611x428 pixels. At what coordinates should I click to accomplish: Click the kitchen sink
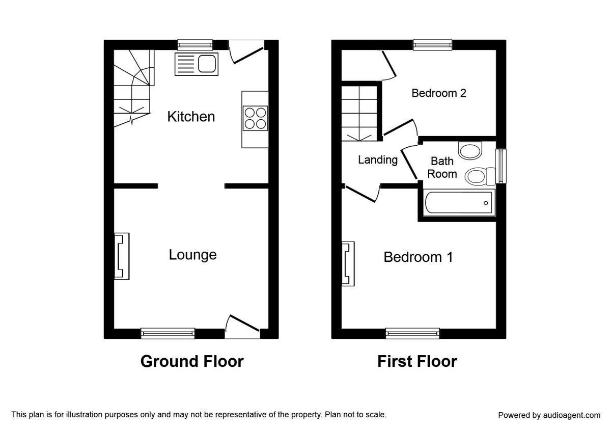click(x=197, y=64)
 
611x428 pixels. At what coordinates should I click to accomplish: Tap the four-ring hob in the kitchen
click(x=255, y=118)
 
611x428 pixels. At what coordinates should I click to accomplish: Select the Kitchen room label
click(x=191, y=117)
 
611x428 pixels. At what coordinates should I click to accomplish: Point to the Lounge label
click(x=192, y=255)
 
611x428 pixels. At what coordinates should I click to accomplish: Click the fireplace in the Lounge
click(x=122, y=256)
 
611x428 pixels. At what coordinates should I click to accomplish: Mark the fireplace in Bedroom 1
click(x=348, y=264)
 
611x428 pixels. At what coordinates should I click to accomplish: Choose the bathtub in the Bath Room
click(x=459, y=203)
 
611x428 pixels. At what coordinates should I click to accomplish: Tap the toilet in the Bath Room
click(x=480, y=176)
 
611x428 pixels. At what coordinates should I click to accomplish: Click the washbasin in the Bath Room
click(x=470, y=150)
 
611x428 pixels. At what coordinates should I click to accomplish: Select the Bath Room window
click(x=501, y=166)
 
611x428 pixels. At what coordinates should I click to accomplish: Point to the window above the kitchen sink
click(x=195, y=45)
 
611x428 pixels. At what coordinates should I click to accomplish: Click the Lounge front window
click(x=168, y=334)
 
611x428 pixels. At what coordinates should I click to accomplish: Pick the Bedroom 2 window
click(x=433, y=45)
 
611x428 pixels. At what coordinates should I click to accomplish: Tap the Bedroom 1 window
click(x=412, y=334)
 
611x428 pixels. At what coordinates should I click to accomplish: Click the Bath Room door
click(x=409, y=163)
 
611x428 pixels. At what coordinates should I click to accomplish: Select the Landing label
click(x=378, y=160)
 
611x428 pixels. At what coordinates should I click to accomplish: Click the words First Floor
click(x=417, y=361)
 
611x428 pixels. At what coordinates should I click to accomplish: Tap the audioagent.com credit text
click(x=549, y=415)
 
